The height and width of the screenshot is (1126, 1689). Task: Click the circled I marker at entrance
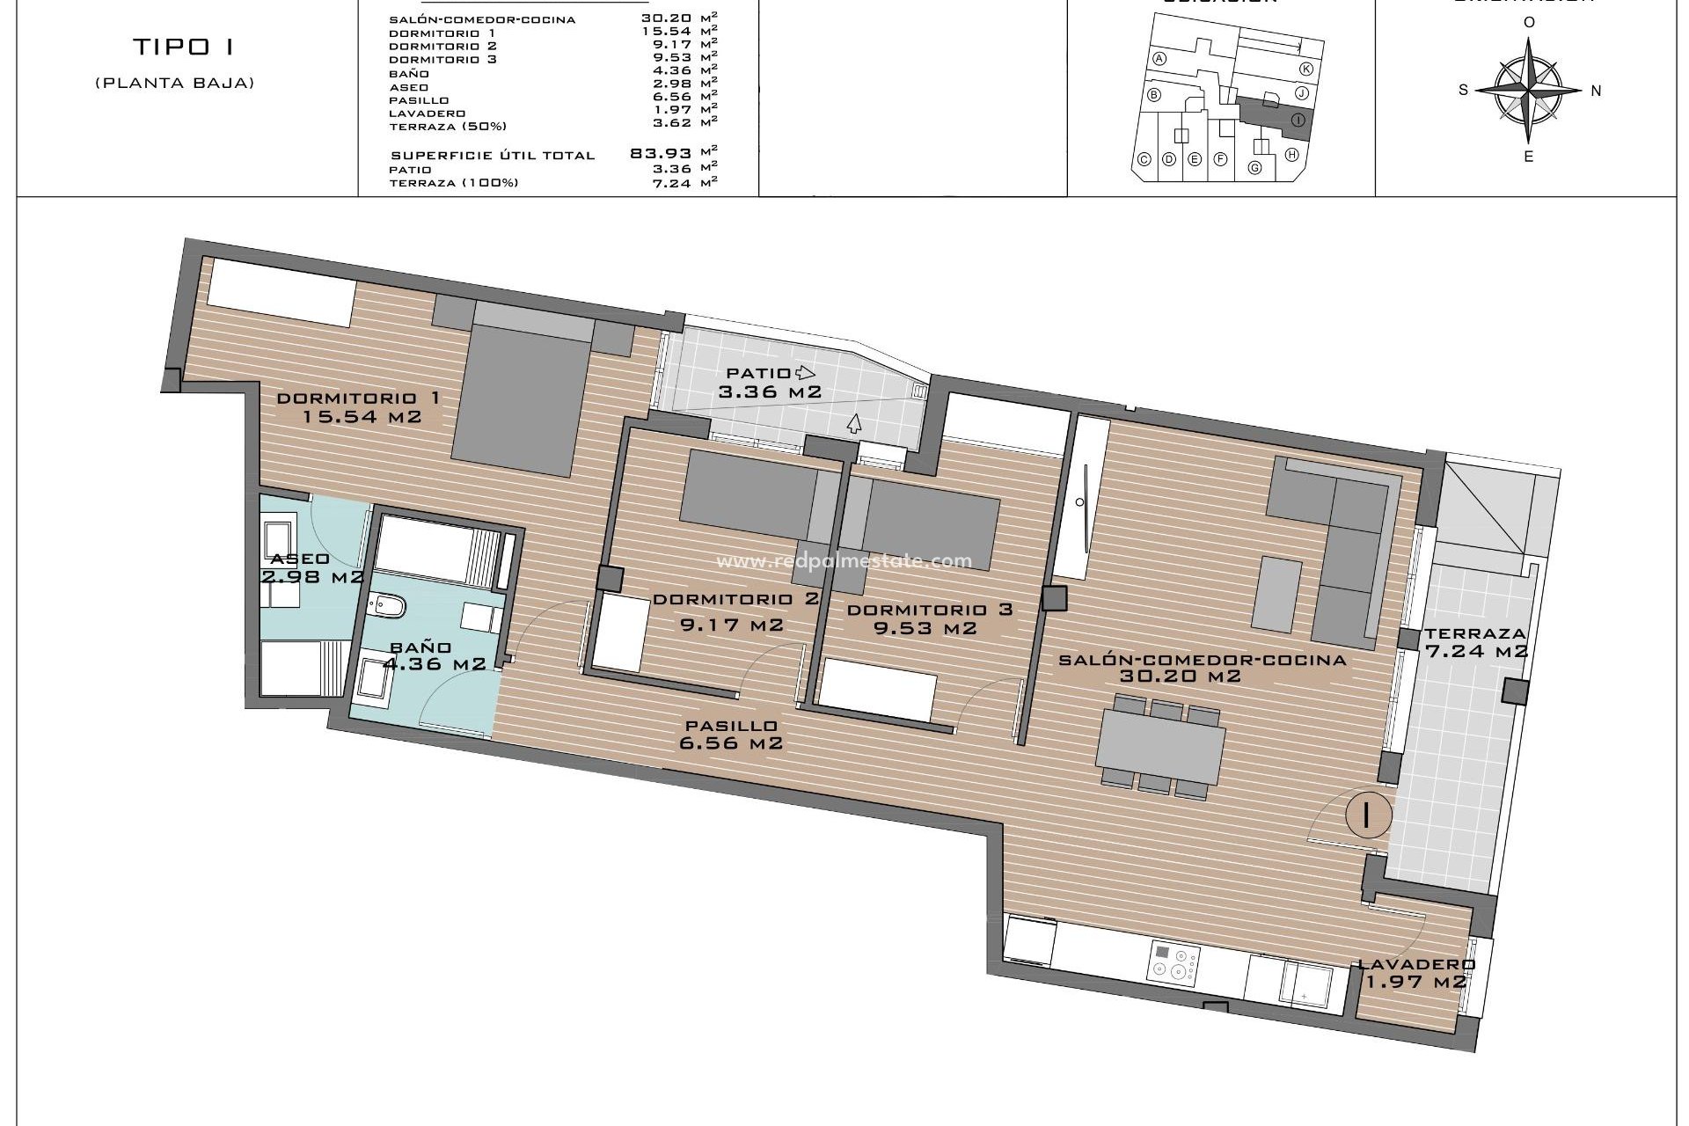1367,814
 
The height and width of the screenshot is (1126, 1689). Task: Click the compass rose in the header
1529,90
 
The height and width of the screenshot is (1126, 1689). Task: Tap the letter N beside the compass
1596,90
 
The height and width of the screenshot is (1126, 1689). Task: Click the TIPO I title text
184,47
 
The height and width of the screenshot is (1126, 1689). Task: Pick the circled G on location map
1255,167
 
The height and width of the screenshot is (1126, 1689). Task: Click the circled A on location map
1159,59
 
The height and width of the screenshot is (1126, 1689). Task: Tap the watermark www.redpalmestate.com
844,561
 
